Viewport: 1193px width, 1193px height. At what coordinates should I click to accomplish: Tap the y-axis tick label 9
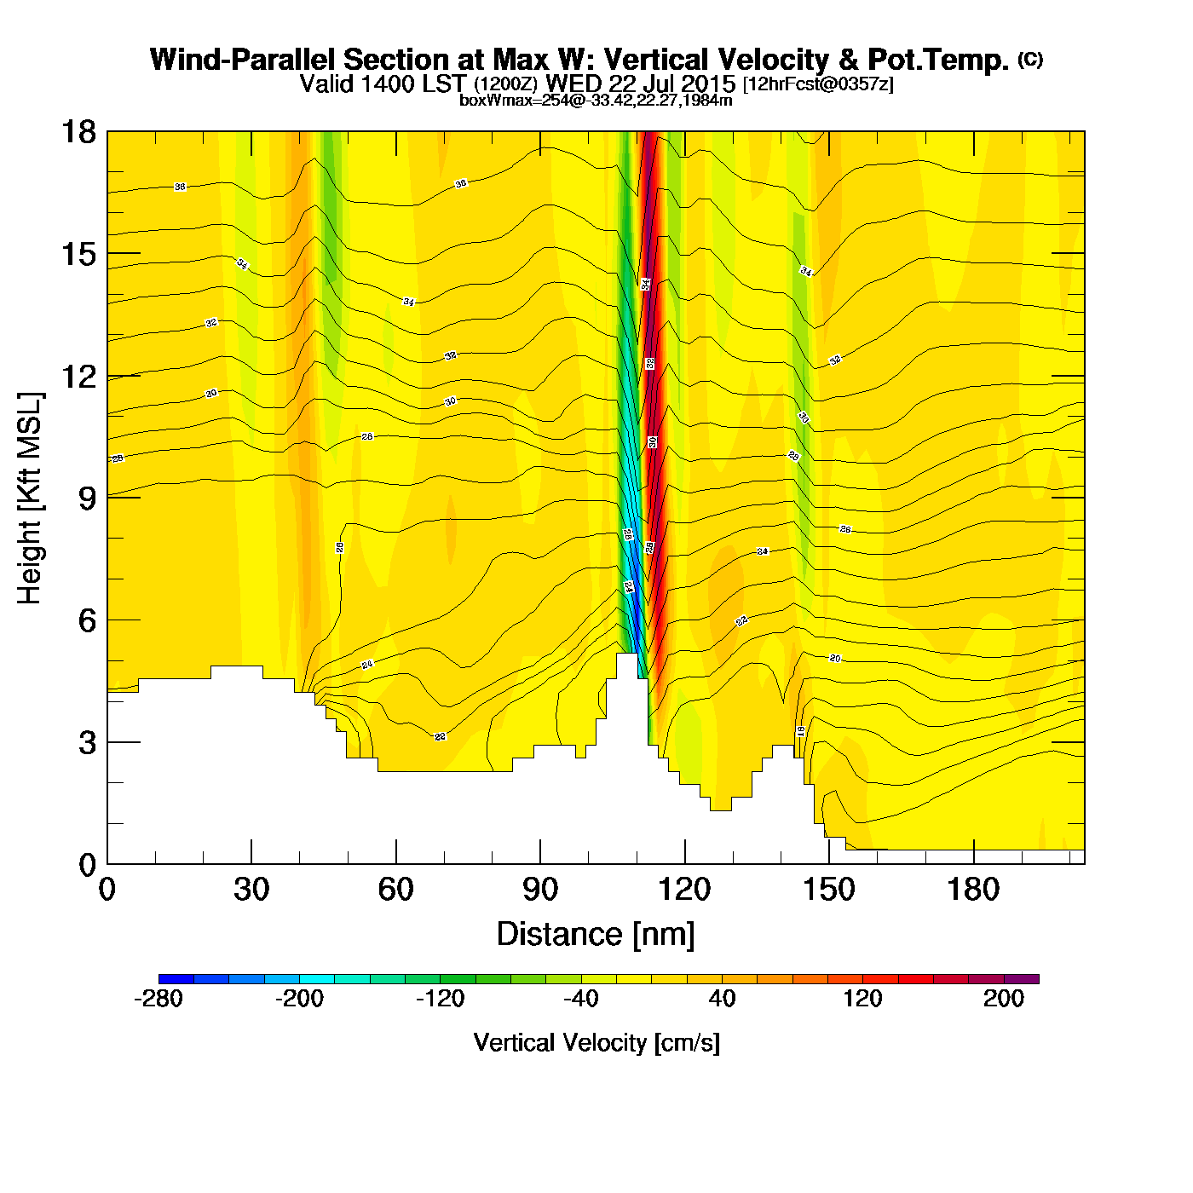tap(87, 499)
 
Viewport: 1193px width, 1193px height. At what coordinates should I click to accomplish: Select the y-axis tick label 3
tap(87, 743)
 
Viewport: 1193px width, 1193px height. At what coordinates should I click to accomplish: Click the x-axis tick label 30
tap(251, 890)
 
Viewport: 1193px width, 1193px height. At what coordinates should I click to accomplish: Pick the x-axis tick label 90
tap(540, 890)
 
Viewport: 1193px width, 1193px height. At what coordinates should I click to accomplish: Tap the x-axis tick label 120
tap(684, 890)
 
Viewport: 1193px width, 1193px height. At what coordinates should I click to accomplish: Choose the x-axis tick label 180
tap(973, 890)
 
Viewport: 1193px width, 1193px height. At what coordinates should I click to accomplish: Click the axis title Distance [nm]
tap(596, 935)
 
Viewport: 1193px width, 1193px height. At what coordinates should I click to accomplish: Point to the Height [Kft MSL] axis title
tap(30, 499)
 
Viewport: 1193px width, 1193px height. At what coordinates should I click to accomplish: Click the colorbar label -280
tap(158, 999)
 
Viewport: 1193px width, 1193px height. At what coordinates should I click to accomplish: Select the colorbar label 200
tap(1004, 999)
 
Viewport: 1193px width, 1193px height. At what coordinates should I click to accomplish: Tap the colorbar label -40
tap(581, 999)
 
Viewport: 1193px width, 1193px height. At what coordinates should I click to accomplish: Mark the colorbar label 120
tap(863, 999)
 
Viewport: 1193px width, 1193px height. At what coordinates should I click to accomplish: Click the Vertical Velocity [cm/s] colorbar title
tap(596, 1043)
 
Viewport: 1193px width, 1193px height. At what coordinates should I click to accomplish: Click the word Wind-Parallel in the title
tap(244, 60)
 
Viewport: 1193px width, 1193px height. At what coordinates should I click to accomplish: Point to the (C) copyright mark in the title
tap(1030, 59)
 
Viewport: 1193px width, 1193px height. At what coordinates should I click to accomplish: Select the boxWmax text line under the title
tap(596, 100)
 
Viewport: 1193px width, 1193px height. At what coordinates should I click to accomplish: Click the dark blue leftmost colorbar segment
tap(176, 979)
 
